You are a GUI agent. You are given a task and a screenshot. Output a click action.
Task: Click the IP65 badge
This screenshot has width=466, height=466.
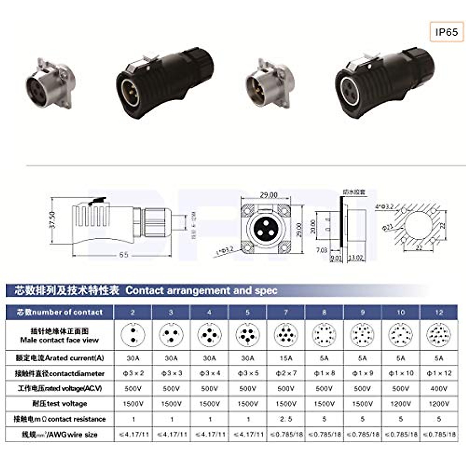pos(447,32)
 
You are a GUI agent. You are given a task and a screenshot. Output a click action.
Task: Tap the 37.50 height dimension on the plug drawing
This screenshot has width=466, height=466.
pos(53,220)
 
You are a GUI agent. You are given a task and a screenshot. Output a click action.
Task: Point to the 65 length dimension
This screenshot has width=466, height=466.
pos(123,255)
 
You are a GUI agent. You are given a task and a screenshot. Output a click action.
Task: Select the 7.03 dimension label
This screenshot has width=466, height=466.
pos(322,250)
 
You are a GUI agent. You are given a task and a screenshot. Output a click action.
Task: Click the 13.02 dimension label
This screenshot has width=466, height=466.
pos(356,257)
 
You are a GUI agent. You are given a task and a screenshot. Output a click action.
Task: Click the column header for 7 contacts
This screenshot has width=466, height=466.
pos(286,312)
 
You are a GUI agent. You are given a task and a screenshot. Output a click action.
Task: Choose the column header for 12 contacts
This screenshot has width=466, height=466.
pos(439,312)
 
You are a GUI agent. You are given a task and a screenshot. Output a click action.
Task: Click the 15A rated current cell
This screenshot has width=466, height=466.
pos(286,358)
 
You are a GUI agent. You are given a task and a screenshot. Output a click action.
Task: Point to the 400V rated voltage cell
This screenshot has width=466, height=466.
pos(439,388)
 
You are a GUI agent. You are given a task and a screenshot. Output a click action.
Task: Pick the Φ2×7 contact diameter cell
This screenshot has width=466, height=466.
pos(286,373)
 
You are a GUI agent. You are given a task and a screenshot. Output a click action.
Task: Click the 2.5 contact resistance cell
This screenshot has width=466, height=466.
pos(286,419)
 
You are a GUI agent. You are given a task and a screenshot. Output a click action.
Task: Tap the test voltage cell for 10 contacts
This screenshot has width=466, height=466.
pos(400,404)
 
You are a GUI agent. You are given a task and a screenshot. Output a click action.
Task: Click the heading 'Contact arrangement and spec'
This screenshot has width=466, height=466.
pos(201,290)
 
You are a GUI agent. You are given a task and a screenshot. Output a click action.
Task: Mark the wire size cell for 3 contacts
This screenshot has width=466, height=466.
pos(171,435)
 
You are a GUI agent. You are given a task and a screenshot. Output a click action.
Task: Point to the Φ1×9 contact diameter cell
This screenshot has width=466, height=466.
pos(362,373)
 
